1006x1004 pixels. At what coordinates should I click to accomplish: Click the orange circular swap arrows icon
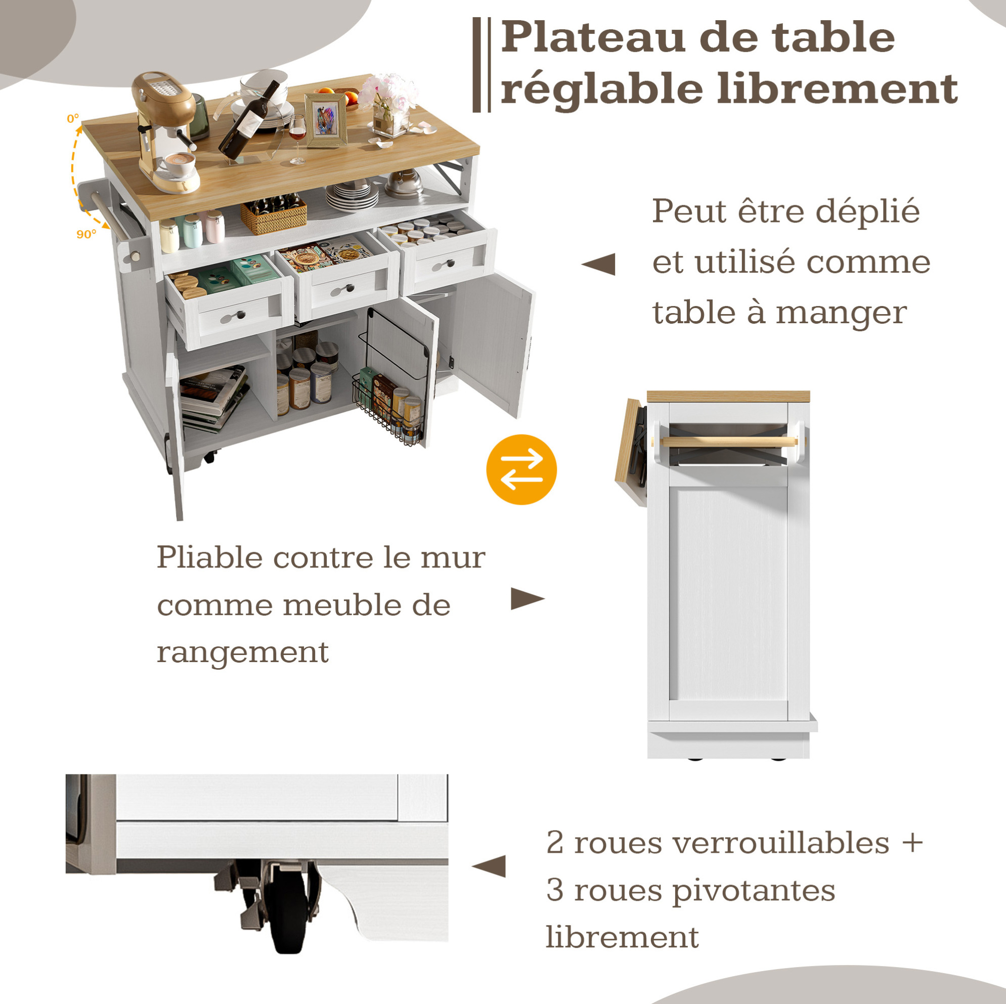pos(521,470)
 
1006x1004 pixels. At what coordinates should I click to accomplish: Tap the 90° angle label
pos(86,234)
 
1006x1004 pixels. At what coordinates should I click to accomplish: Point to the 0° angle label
pos(73,119)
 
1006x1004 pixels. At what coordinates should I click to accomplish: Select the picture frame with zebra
pos(326,120)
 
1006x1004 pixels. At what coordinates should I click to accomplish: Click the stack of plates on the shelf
pos(352,195)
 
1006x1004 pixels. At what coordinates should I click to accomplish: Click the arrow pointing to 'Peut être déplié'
pos(598,264)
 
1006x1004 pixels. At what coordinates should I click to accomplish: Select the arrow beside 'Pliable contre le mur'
pos(528,599)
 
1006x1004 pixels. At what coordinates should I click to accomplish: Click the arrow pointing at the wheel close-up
pos(489,866)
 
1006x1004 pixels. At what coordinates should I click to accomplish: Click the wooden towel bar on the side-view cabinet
pos(729,442)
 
